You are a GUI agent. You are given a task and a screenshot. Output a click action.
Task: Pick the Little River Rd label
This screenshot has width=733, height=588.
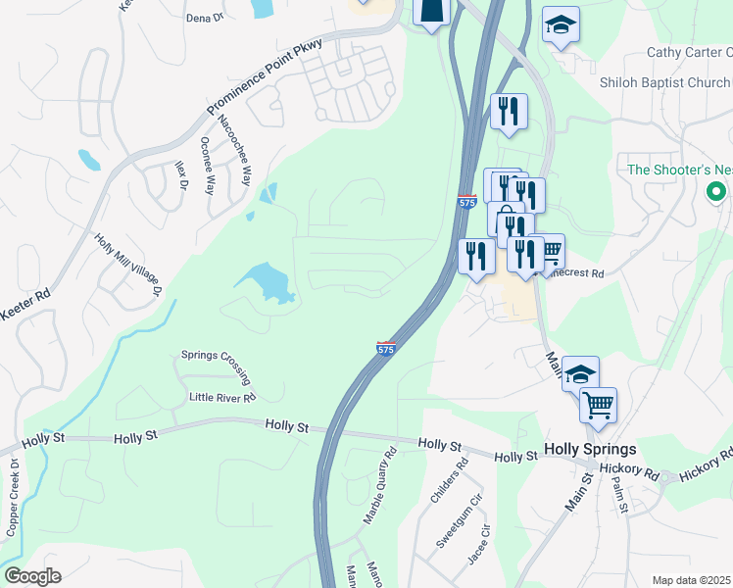222,398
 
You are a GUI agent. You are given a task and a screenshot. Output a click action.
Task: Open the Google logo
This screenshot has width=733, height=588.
32,576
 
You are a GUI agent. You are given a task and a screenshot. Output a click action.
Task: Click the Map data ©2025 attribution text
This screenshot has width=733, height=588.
691,580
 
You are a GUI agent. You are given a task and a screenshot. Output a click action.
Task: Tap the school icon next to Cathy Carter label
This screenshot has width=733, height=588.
562,26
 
